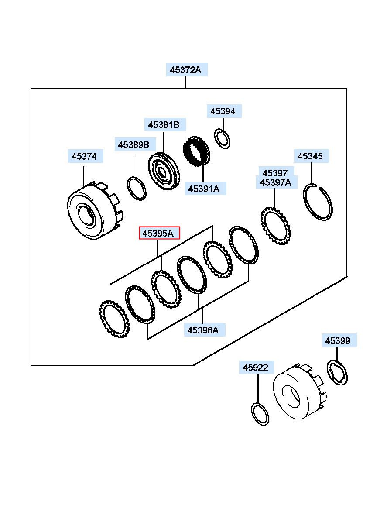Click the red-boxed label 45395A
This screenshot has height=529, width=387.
pyautogui.click(x=159, y=233)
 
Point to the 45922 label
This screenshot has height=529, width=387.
pyautogui.click(x=257, y=367)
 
